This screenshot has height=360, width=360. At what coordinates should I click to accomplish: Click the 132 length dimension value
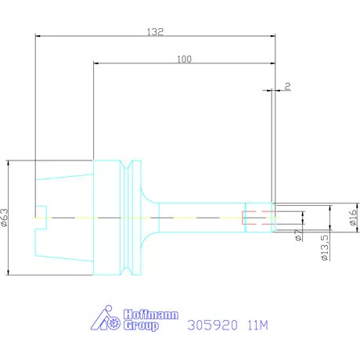coord(155,32)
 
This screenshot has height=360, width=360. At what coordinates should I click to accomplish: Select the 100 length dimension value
coord(185,59)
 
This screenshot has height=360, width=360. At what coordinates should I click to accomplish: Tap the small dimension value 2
coord(287,86)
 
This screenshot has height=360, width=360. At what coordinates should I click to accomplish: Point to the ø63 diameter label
coord(5,218)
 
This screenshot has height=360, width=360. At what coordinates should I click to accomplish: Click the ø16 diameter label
coord(353,217)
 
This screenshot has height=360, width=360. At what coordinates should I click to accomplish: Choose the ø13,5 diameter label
coord(325,247)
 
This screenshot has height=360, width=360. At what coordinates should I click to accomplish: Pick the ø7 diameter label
coord(298,235)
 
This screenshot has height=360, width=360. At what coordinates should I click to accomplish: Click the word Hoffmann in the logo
coord(151,315)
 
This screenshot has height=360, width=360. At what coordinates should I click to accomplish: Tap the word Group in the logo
coord(141,326)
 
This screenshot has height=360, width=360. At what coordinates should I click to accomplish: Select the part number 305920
coord(213,326)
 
